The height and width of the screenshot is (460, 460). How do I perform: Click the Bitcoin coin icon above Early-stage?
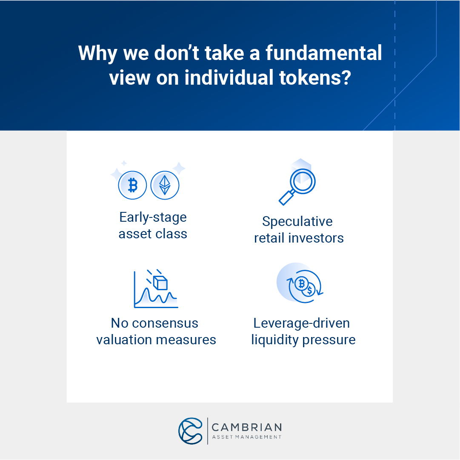132,186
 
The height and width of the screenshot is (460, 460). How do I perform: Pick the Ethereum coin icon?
165,186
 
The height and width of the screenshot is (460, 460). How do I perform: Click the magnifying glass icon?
298,183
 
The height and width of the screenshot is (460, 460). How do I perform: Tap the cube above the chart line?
160,283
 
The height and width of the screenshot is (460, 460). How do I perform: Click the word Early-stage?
153,217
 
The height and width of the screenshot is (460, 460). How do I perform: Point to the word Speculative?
297,222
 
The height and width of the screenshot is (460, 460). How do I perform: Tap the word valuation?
123,340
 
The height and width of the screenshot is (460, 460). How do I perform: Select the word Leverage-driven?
301,323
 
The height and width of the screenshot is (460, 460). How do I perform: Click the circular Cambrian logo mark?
190,431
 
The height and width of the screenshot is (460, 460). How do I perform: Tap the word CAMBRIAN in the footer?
246,427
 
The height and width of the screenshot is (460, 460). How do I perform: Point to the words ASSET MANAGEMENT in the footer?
246,437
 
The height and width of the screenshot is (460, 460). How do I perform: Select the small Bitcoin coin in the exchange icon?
302,283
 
